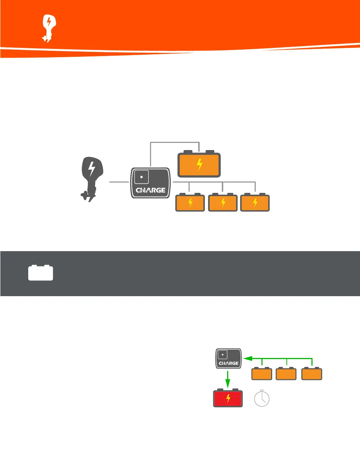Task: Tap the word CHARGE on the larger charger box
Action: pyautogui.click(x=150, y=190)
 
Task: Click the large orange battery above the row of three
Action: pyautogui.click(x=199, y=165)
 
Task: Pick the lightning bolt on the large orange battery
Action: pyautogui.click(x=200, y=165)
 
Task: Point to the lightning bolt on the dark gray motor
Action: pyautogui.click(x=92, y=169)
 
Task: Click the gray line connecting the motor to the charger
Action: pyautogui.click(x=119, y=182)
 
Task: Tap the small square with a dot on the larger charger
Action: pyautogui.click(x=141, y=177)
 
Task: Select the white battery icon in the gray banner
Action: pyautogui.click(x=41, y=273)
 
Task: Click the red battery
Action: pyautogui.click(x=228, y=398)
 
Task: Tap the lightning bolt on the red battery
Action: pyautogui.click(x=228, y=398)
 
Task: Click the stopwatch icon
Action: pyautogui.click(x=262, y=398)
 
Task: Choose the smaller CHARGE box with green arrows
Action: pyautogui.click(x=229, y=359)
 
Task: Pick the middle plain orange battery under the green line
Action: pyautogui.click(x=286, y=374)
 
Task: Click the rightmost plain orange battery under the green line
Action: pyautogui.click(x=312, y=374)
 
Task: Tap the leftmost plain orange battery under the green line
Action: pyautogui.click(x=262, y=374)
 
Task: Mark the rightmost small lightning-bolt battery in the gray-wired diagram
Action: pyautogui.click(x=255, y=203)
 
